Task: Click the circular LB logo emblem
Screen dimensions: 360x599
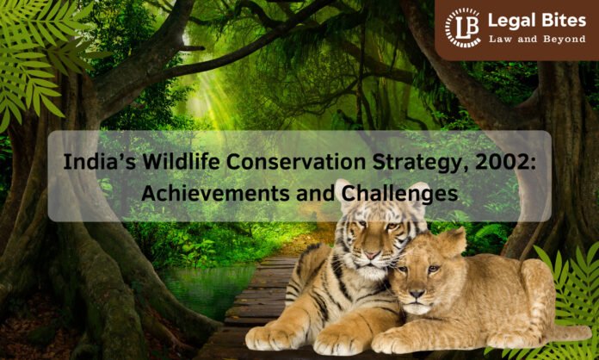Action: (462, 28)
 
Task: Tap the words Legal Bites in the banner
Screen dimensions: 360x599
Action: (534, 21)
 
